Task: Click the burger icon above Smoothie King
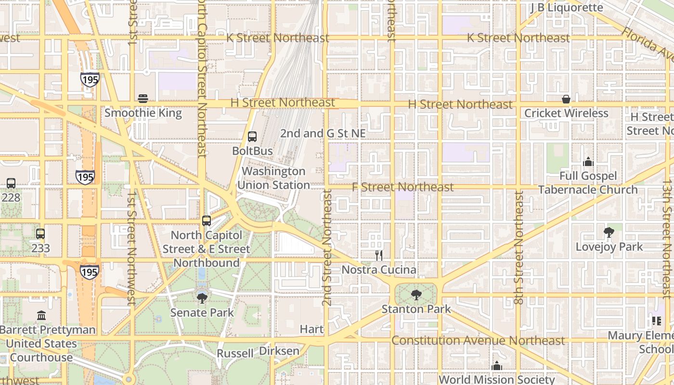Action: (143, 99)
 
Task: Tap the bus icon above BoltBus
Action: (252, 136)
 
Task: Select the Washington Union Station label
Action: (273, 178)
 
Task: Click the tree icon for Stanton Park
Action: (416, 295)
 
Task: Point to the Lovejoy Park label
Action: (609, 247)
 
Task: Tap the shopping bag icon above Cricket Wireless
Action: (566, 99)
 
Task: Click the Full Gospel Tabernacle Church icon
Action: (588, 162)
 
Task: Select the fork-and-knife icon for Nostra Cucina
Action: (379, 255)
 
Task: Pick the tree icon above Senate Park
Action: (202, 298)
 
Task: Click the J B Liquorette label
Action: (566, 8)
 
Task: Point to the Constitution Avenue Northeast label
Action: (478, 341)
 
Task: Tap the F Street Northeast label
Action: (402, 187)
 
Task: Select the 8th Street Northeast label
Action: (518, 248)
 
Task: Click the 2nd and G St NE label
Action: (323, 133)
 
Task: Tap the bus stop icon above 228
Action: (11, 183)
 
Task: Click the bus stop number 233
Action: (40, 248)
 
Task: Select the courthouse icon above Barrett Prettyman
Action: (41, 316)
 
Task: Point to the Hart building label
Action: (311, 329)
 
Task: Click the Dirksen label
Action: (279, 351)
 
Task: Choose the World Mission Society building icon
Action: (497, 366)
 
